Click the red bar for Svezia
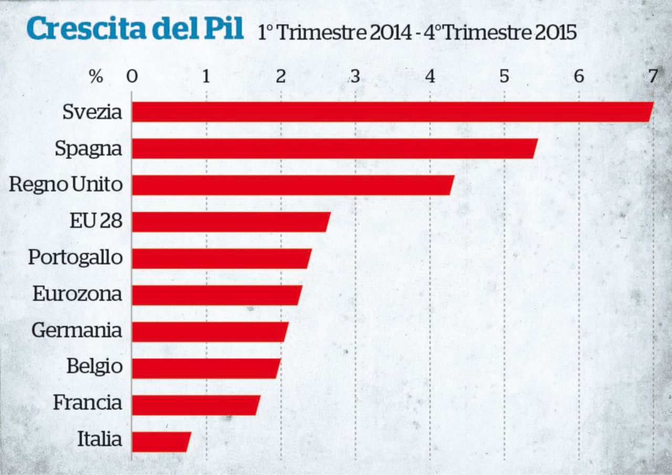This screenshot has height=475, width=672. coord(392,112)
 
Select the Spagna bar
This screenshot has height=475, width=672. coord(334,149)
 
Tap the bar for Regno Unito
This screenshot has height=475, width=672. coord(292,185)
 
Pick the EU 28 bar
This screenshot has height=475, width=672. coord(230,222)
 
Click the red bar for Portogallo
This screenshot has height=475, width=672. coord(221,259)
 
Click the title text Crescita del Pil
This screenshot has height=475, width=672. coord(135,29)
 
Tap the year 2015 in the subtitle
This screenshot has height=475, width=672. coord(556,33)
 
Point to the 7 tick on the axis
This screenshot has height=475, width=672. coord(653,77)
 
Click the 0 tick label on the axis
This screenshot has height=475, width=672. coord(132,77)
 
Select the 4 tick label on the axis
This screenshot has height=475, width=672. coord(430,77)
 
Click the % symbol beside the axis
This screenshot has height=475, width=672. coord(96,77)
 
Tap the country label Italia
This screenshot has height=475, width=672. coord(100,439)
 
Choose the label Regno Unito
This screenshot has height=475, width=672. coord(66,185)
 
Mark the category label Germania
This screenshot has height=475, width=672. coord(77,331)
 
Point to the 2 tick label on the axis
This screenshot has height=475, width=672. coord(281,77)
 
